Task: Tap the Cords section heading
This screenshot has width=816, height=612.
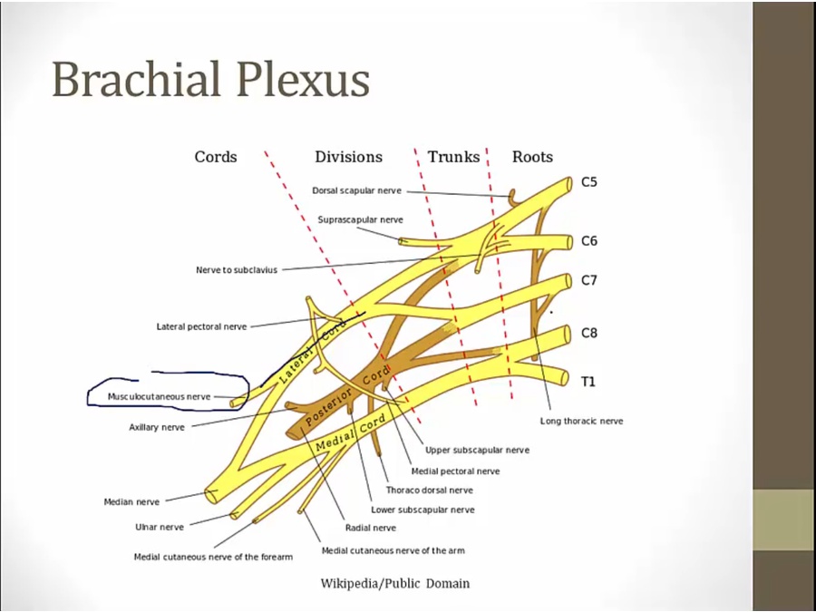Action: point(216,157)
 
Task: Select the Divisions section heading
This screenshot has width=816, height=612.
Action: point(348,157)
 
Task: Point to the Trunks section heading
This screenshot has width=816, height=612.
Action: point(453,157)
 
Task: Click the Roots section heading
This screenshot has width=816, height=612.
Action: point(532,157)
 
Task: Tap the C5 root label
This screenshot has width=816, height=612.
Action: point(589,181)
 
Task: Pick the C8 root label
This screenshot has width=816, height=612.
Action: point(589,333)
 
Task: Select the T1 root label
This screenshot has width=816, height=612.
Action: point(588,382)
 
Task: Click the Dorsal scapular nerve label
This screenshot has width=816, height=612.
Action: point(356,191)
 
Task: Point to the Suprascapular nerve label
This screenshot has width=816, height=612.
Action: point(360,219)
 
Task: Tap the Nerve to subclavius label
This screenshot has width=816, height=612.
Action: point(237,270)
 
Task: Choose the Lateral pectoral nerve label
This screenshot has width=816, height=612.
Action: point(201,326)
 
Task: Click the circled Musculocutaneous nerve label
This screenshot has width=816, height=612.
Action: point(159,396)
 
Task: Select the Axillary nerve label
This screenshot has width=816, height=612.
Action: point(156,427)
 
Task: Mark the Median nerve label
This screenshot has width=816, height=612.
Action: point(131,501)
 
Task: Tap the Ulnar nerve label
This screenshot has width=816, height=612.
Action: point(160,527)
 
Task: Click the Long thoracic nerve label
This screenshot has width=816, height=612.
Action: point(581,421)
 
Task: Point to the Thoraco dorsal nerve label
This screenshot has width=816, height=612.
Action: point(429,491)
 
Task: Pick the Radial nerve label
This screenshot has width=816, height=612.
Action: point(370,528)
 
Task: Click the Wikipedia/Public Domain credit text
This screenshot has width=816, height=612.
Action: point(395,583)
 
